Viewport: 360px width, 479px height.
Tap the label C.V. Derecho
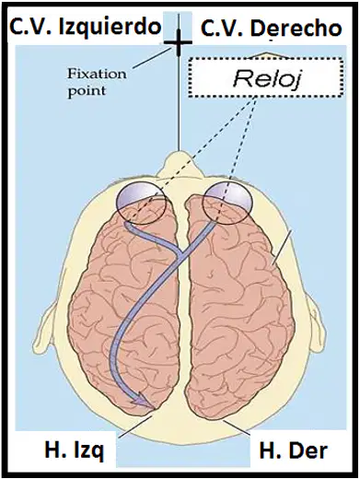click(272, 29)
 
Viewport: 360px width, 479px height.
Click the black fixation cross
click(178, 42)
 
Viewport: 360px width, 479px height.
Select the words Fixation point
click(97, 83)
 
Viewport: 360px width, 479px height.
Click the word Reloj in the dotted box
click(266, 78)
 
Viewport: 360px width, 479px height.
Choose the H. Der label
click(294, 450)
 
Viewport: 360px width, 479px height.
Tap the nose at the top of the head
click(179, 163)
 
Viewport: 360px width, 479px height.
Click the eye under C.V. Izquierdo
click(141, 201)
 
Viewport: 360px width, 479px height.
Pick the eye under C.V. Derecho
click(227, 203)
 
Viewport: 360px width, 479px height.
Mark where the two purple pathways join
click(180, 252)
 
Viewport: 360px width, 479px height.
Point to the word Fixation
click(97, 74)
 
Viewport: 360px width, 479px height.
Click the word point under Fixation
click(87, 91)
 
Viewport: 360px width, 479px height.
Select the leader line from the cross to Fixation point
click(152, 57)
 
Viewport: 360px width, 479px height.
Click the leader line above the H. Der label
click(236, 427)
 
